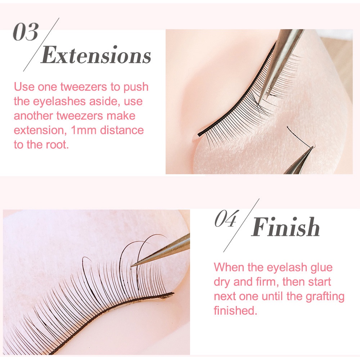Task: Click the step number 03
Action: (x=26, y=32)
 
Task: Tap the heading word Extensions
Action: (x=96, y=55)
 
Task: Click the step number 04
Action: (x=225, y=219)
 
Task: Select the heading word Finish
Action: (x=285, y=227)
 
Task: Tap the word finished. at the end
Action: (x=235, y=310)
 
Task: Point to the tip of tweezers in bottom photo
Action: (x=132, y=266)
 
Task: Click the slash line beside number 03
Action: (x=41, y=45)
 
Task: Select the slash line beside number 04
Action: (x=241, y=225)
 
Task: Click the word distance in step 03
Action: (x=122, y=130)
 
